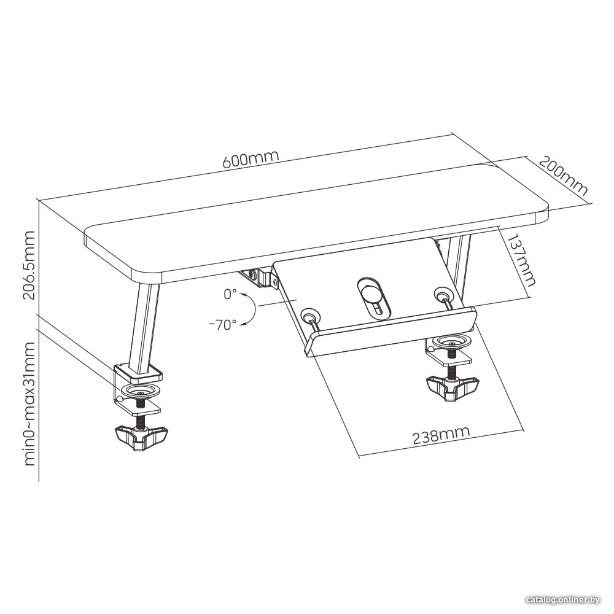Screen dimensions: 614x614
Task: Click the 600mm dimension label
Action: (251, 158)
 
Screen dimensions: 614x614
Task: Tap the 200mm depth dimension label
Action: (564, 176)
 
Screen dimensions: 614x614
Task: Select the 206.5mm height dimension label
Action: (29, 265)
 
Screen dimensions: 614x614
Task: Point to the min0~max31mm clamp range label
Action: (29, 403)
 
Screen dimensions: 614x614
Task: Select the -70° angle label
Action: (222, 324)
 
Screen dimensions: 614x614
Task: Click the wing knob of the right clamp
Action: (453, 387)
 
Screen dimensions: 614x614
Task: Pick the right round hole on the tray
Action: (443, 293)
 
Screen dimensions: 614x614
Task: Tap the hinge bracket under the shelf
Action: (258, 278)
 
